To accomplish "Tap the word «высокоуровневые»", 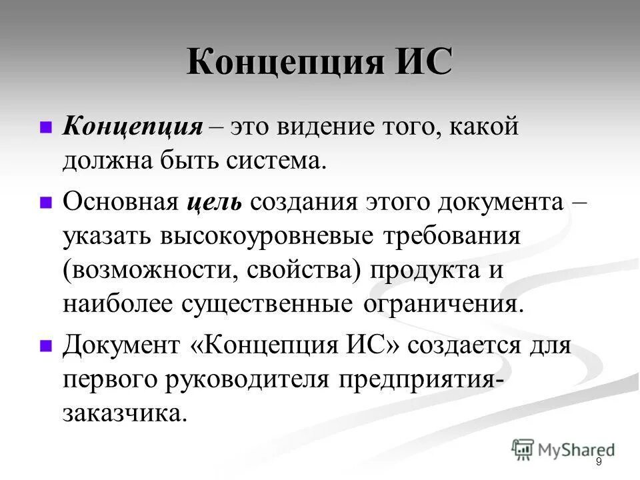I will click(x=269, y=237).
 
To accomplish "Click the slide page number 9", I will click(x=599, y=462).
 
